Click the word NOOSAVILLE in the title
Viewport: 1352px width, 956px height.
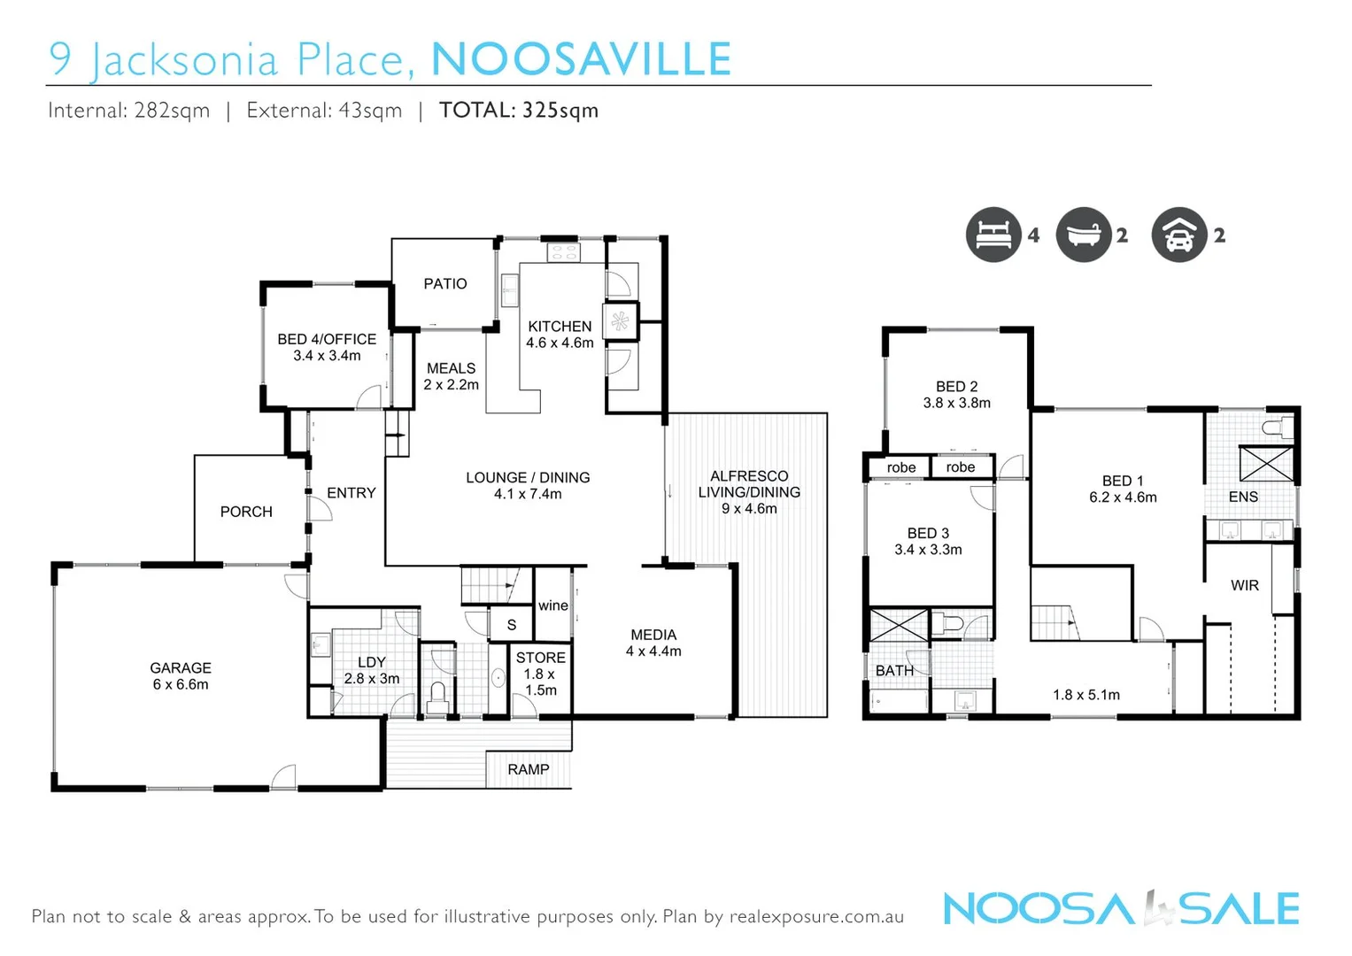point(581,59)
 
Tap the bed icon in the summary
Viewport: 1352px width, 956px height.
point(993,235)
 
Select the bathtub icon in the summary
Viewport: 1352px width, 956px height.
point(1084,235)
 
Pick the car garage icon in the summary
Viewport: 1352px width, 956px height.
point(1178,235)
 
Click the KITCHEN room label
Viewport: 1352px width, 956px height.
point(560,327)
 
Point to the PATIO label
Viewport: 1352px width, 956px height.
point(444,284)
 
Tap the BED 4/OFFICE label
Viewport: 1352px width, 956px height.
point(327,339)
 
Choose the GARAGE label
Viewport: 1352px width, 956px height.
point(181,668)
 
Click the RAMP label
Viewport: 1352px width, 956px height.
point(529,769)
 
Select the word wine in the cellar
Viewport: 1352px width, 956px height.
point(553,605)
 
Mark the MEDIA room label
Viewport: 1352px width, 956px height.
point(653,635)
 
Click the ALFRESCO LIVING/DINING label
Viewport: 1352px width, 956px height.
point(749,484)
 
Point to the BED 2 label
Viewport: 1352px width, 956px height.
point(957,387)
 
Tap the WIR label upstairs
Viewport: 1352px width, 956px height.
point(1244,585)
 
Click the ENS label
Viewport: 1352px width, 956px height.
point(1243,497)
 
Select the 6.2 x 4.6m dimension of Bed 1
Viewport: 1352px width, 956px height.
point(1123,497)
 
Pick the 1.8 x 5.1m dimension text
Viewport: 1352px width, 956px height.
point(1086,695)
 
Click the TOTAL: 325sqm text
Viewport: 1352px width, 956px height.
point(519,111)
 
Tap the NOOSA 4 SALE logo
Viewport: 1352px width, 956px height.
point(1121,909)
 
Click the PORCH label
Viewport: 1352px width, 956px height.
point(246,512)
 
